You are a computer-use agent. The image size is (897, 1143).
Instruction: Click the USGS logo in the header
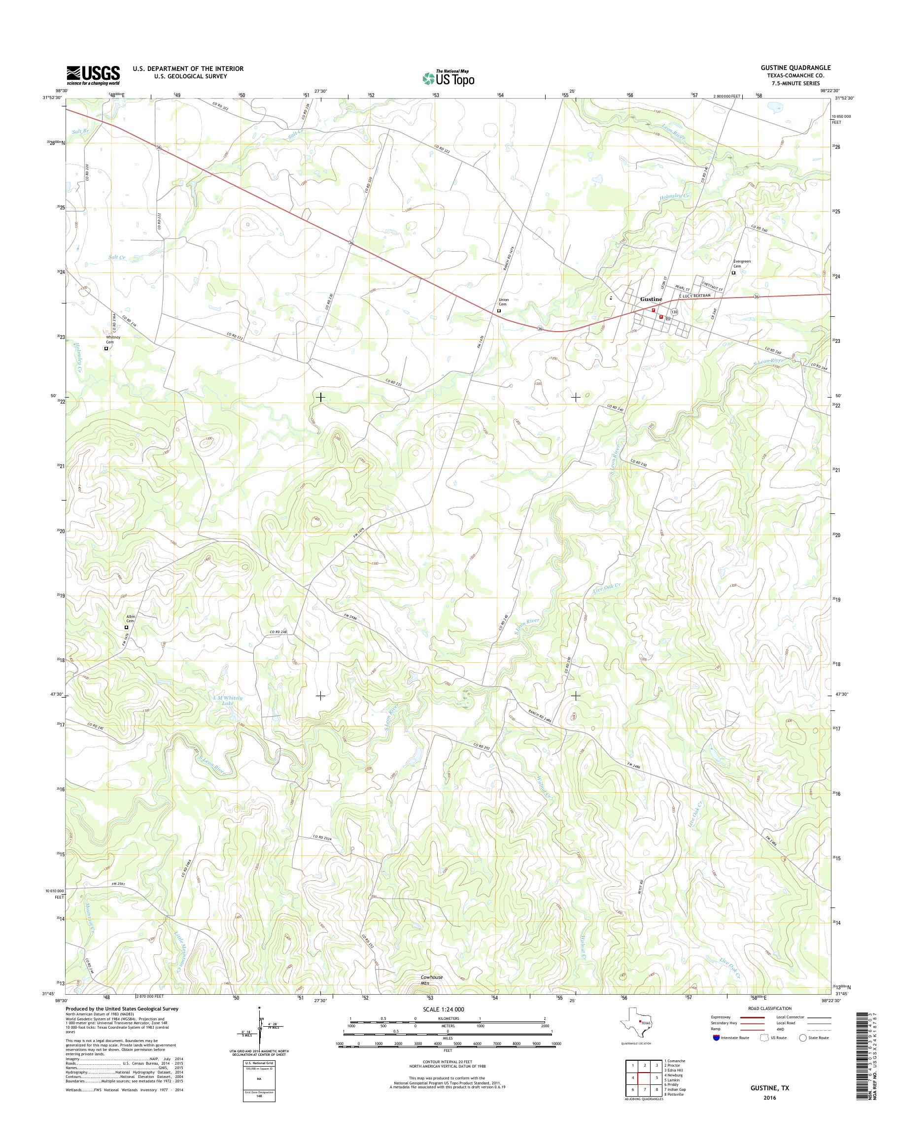(x=93, y=75)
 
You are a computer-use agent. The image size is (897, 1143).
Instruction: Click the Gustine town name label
(x=651, y=299)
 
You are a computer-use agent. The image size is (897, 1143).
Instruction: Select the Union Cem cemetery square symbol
(x=499, y=311)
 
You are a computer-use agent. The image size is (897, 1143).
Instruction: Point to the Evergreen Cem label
(x=740, y=263)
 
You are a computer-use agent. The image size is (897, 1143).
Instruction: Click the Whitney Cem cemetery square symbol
(x=105, y=347)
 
